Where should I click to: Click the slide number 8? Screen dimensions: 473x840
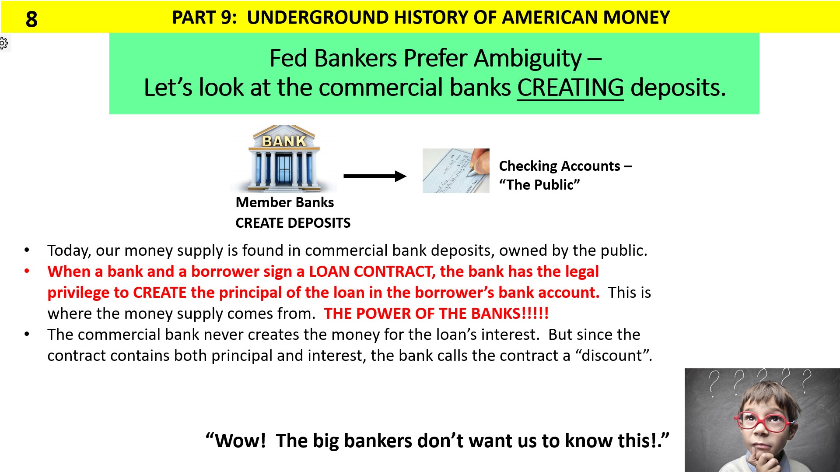[x=31, y=19]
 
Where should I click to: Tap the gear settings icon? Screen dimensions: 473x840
[x=4, y=43]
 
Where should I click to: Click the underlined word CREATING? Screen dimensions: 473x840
[x=570, y=88]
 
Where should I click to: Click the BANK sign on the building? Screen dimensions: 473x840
[x=284, y=141]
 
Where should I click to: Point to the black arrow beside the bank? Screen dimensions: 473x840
[x=374, y=176]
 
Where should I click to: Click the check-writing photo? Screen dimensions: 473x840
[x=455, y=171]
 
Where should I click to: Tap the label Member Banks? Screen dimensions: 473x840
[x=284, y=202]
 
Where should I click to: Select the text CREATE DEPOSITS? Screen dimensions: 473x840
[x=293, y=223]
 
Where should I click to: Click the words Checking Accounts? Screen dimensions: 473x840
[x=559, y=166]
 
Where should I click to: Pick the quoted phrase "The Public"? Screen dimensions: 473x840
[x=539, y=185]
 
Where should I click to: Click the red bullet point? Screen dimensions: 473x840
[x=27, y=271]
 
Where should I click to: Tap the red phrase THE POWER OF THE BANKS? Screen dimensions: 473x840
[x=436, y=314]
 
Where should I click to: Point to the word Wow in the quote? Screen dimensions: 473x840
[x=240, y=441]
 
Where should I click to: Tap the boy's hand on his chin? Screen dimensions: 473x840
[x=759, y=458]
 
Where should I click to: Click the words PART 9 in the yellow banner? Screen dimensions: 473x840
[x=204, y=18]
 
